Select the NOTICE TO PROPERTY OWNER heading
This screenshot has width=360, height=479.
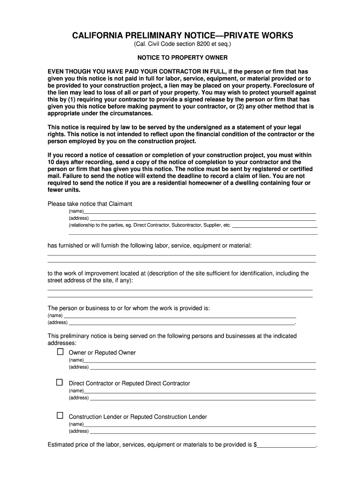(182, 58)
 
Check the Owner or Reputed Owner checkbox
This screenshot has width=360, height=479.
(60, 351)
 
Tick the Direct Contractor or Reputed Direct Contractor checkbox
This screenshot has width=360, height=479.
(60, 382)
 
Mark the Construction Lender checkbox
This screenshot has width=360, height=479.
(60, 415)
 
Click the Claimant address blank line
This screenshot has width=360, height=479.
(202, 218)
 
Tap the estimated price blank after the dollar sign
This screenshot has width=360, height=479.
(287, 445)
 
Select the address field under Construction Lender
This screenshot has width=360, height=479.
(202, 432)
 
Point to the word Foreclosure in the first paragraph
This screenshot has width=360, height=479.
(291, 86)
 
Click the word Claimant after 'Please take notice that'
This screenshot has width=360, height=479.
(121, 204)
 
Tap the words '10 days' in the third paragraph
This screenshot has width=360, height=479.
(59, 162)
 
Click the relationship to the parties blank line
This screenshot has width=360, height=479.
(274, 225)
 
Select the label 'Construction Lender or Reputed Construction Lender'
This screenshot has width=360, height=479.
(138, 417)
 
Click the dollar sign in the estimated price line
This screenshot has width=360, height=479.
(255, 445)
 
